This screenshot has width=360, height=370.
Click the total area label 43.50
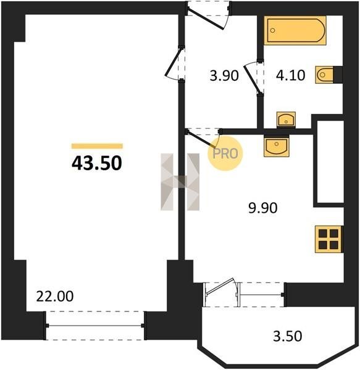(x=97, y=163)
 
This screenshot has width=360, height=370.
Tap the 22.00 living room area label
(x=55, y=297)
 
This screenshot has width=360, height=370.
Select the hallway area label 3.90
(x=224, y=76)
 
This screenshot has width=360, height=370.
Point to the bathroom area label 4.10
(x=291, y=75)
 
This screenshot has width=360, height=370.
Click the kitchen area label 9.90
(x=262, y=208)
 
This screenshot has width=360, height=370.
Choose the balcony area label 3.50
(x=288, y=336)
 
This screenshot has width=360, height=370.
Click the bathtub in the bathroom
(x=295, y=30)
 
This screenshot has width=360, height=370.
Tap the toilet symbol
(x=325, y=75)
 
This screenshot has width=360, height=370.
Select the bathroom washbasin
(x=286, y=120)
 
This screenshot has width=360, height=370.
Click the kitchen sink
(x=277, y=147)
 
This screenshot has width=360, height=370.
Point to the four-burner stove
(x=329, y=239)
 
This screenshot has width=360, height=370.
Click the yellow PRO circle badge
(x=225, y=154)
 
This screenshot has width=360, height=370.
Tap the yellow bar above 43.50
(x=97, y=146)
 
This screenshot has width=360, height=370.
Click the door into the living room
(x=174, y=63)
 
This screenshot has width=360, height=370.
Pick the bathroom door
(x=253, y=78)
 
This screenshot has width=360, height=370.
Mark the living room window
(x=95, y=326)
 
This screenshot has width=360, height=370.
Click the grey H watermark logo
(x=180, y=182)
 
